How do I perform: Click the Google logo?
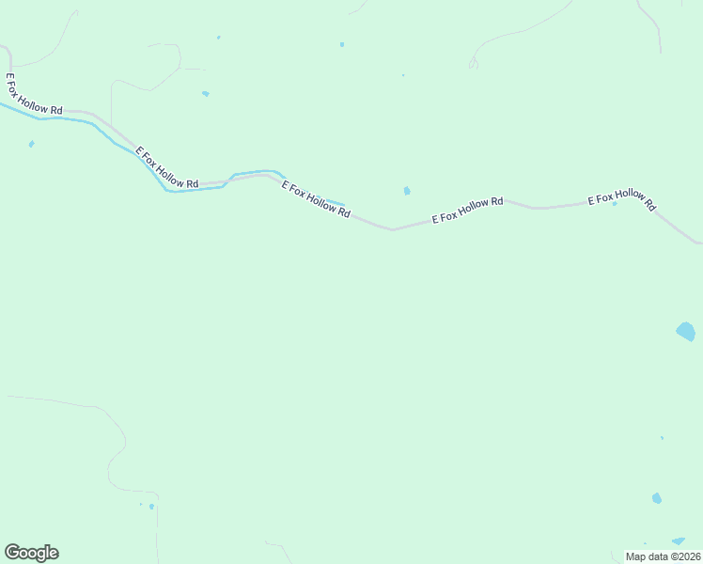coord(31,553)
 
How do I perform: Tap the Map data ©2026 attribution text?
coord(663,556)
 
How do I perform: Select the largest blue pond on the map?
coord(686,331)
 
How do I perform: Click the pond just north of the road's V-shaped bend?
coord(406,191)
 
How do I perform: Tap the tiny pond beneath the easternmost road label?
coord(615,204)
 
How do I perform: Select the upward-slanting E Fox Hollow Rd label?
coord(467,211)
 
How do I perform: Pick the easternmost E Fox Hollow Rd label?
coord(621,199)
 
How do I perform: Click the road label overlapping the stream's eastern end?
coord(317,199)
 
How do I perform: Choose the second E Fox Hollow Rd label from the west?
coord(167,167)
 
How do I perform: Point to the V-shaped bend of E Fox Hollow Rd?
coord(393,229)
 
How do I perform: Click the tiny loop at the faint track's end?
coord(474,64)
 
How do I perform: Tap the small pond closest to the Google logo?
coord(151,507)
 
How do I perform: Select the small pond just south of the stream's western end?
coord(32,144)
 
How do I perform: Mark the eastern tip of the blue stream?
coord(344,205)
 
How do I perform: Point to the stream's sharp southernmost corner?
coord(167,190)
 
